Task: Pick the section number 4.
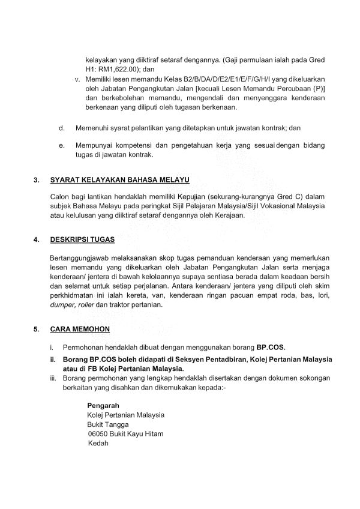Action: tap(37, 240)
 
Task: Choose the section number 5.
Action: tap(37, 329)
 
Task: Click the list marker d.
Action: tap(62, 128)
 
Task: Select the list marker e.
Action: tap(62, 145)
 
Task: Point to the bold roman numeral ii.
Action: tap(52, 359)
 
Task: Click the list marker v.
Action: tap(76, 79)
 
